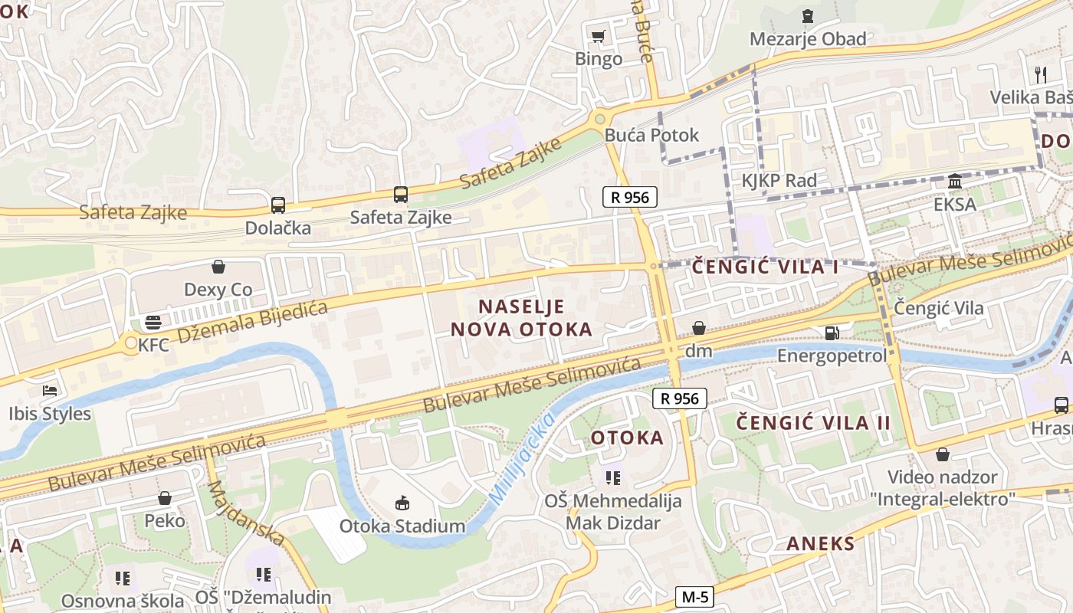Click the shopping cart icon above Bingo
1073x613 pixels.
[x=599, y=36]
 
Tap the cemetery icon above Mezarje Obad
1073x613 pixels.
[x=807, y=15]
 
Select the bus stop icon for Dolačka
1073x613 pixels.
[x=277, y=205]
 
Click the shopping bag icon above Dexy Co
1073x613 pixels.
[x=218, y=267]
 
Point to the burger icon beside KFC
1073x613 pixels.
[x=153, y=322]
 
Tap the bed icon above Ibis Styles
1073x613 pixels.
[x=50, y=391]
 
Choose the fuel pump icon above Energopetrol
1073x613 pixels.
[x=832, y=333]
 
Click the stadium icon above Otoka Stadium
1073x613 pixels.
[x=402, y=503]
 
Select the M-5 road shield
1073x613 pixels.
[x=695, y=596]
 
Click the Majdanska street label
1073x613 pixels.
[x=246, y=513]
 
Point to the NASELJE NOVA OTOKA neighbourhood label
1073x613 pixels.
[x=521, y=318]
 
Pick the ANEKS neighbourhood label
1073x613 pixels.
[x=820, y=544]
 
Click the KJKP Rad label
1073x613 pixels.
[x=779, y=181]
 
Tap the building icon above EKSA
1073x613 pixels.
[x=955, y=182]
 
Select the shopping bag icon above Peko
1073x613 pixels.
[x=165, y=499]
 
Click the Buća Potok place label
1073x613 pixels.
[x=651, y=135]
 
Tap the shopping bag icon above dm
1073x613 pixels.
[x=699, y=329]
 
